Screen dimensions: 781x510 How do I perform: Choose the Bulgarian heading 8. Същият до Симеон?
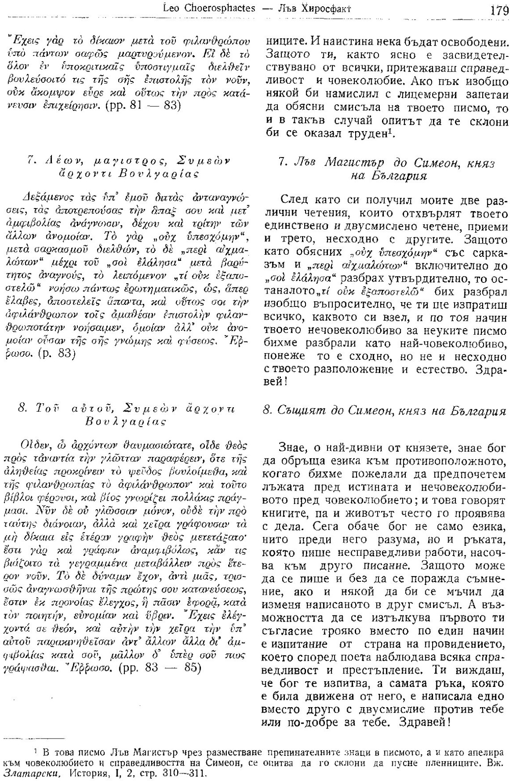pyautogui.click(x=384, y=410)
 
